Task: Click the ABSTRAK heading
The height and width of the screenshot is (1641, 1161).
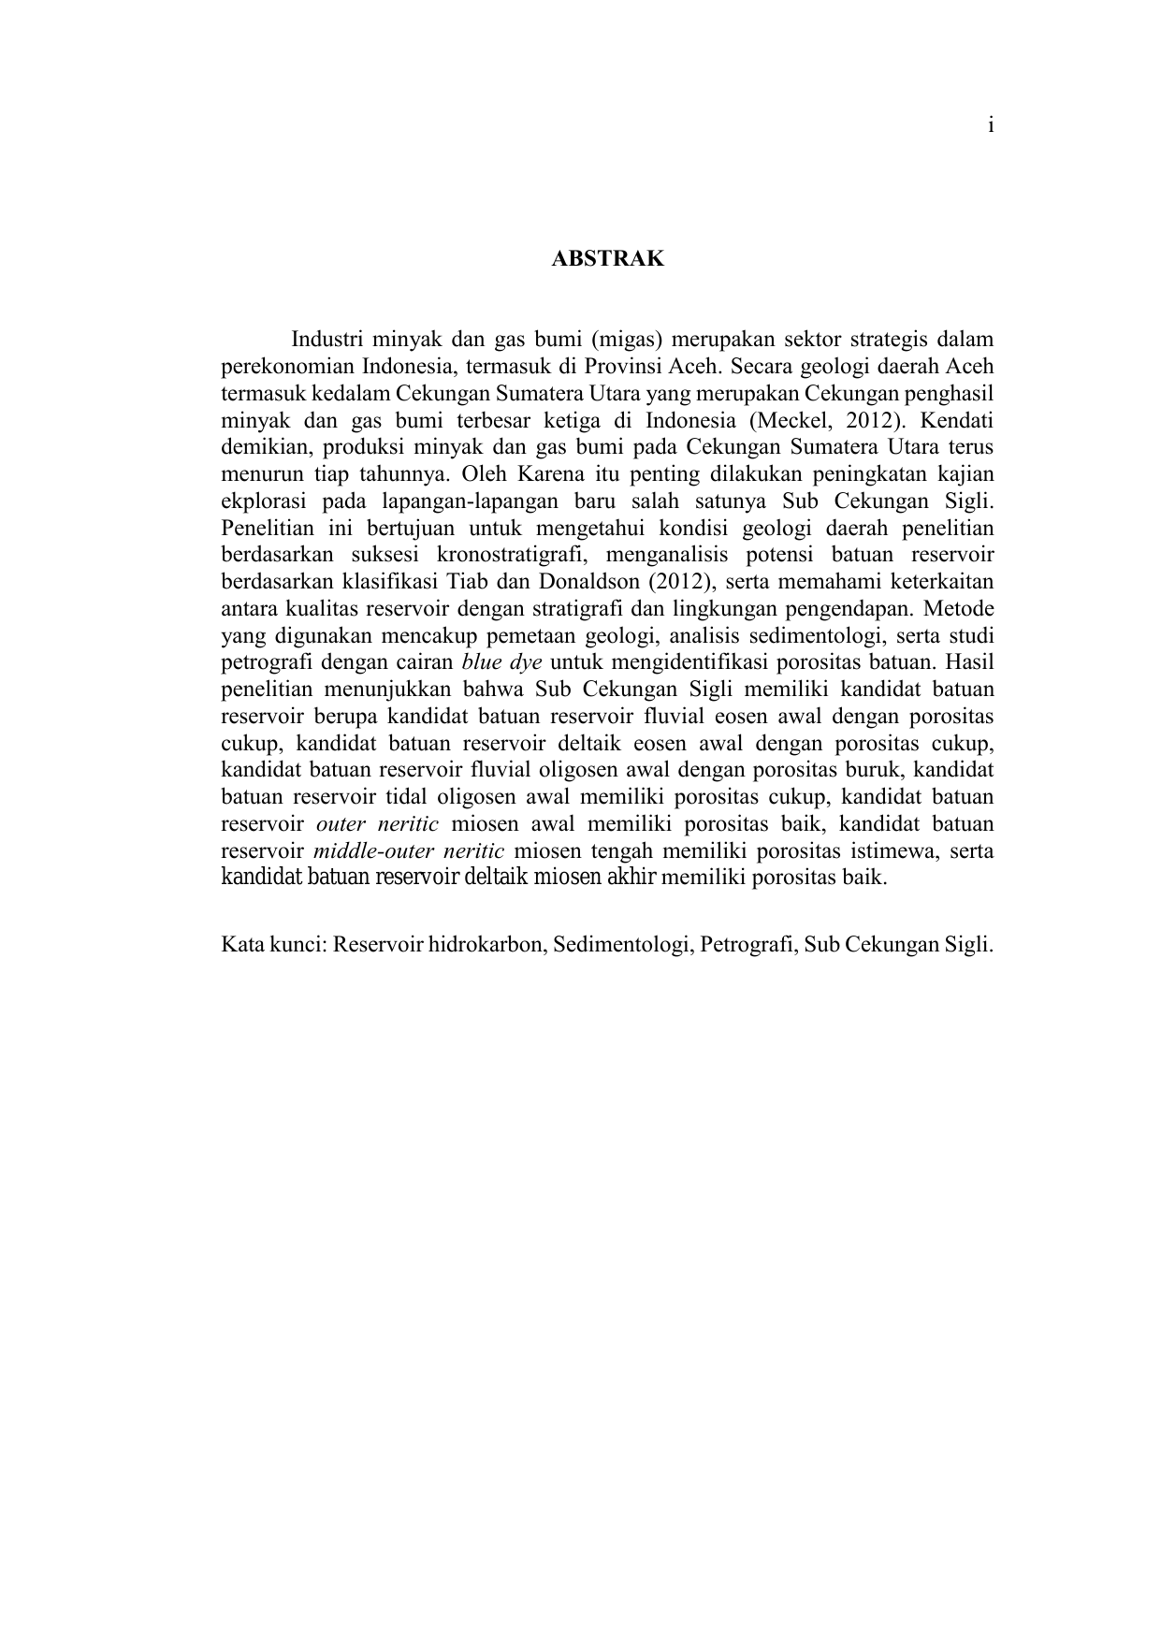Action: (607, 259)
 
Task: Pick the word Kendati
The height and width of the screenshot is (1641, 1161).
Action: (957, 419)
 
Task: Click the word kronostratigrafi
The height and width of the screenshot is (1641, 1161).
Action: (511, 555)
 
